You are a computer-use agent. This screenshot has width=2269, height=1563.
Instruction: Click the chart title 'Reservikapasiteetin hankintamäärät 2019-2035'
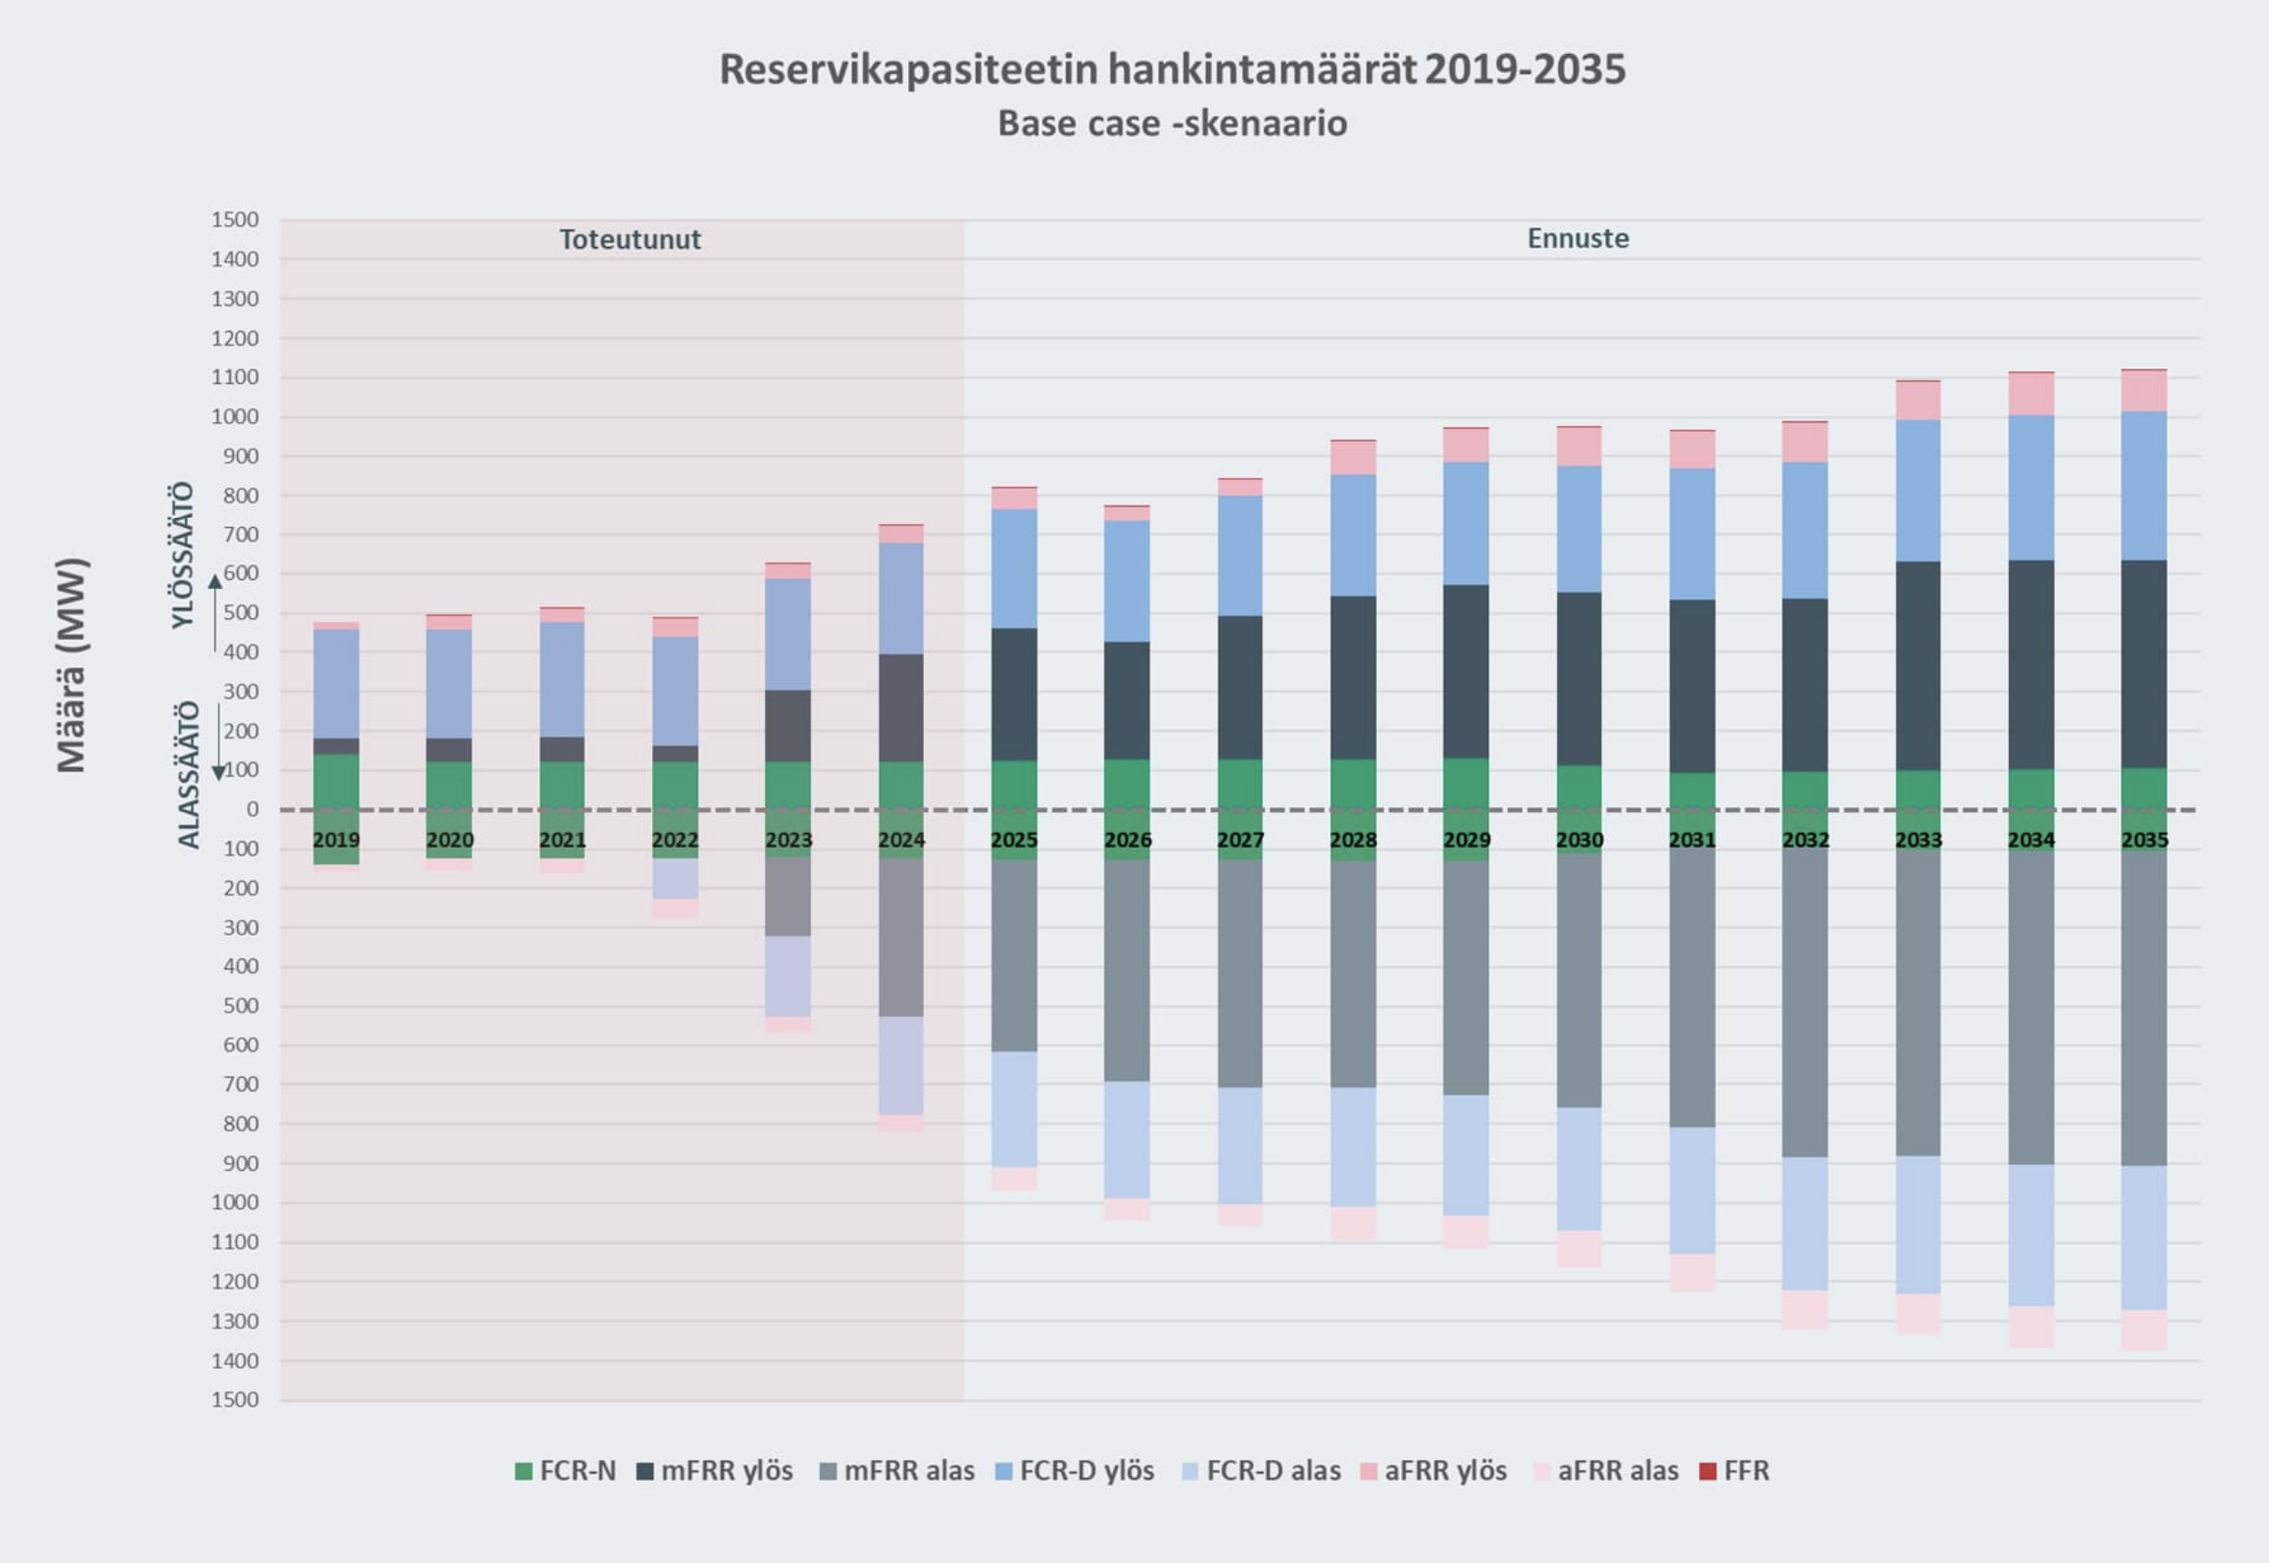tap(1172, 69)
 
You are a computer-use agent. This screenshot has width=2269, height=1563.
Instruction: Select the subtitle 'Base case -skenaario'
tap(1172, 124)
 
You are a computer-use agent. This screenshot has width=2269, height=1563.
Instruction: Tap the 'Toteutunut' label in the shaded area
tap(629, 240)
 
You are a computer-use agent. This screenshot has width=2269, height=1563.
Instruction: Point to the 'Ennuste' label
tap(1578, 239)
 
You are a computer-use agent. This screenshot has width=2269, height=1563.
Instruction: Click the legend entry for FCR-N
tap(565, 1471)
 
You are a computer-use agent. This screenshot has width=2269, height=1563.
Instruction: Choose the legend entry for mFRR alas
tap(896, 1471)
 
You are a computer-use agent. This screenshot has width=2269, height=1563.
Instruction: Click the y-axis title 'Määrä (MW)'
tap(72, 666)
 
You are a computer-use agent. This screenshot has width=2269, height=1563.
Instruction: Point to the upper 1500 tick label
tap(235, 221)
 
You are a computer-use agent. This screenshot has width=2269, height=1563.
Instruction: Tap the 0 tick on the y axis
tap(253, 810)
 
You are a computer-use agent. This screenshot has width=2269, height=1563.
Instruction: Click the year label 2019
tap(336, 840)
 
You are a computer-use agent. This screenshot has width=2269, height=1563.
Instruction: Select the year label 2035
tap(2144, 840)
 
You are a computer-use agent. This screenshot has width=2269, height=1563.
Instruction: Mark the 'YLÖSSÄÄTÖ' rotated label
tap(183, 555)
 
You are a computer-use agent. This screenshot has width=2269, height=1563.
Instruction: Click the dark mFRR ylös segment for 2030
tap(1579, 678)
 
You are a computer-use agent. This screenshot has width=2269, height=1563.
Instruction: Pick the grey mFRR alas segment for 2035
tap(2144, 1009)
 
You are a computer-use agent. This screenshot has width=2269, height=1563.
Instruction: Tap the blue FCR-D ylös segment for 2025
tap(1013, 568)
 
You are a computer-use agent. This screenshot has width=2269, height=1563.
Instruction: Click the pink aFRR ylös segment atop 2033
tap(1918, 400)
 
